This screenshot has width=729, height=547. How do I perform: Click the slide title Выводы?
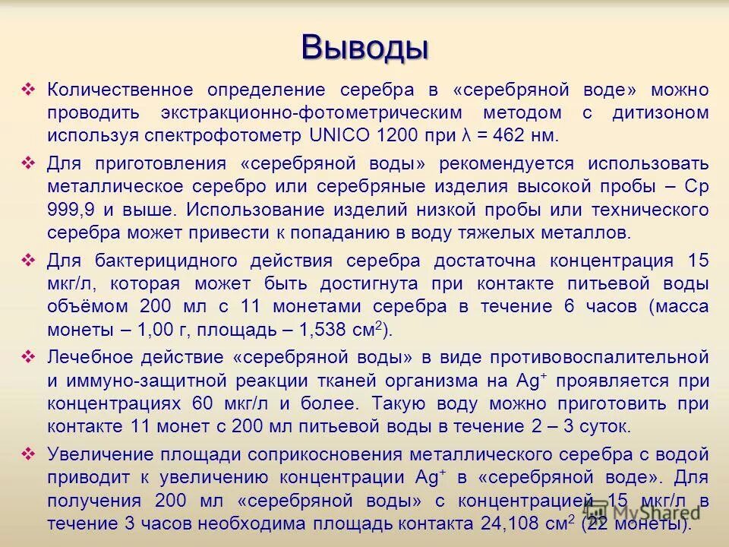[x=364, y=46]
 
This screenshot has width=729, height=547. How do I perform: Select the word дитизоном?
[x=661, y=113]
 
